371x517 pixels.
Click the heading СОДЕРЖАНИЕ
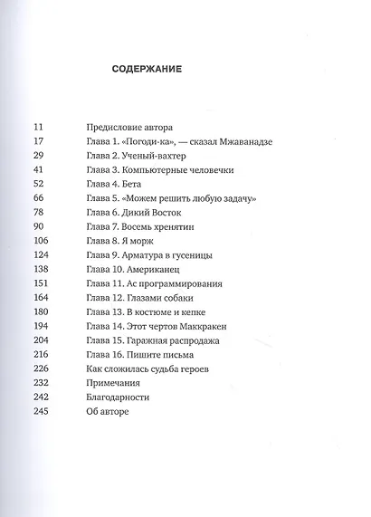point(147,70)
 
